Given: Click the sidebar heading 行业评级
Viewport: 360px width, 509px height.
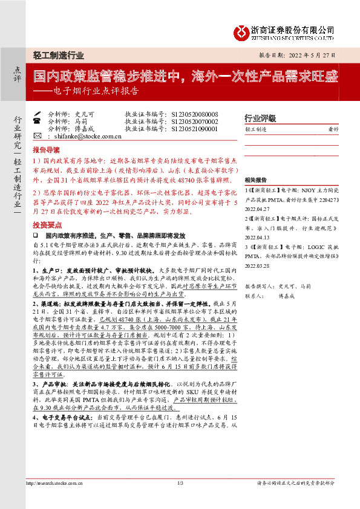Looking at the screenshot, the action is [x=260, y=118].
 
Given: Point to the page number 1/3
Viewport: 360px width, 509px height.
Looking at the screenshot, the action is [x=180, y=499].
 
